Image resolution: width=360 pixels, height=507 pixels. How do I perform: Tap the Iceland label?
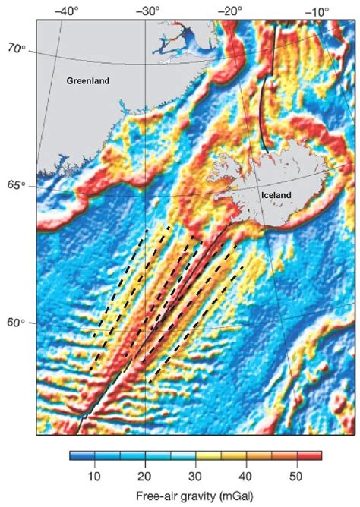point(276,195)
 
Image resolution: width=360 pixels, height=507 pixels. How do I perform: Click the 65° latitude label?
point(16,186)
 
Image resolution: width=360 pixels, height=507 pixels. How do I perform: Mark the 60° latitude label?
point(16,323)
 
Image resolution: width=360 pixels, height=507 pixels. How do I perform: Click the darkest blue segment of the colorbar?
point(76,456)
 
